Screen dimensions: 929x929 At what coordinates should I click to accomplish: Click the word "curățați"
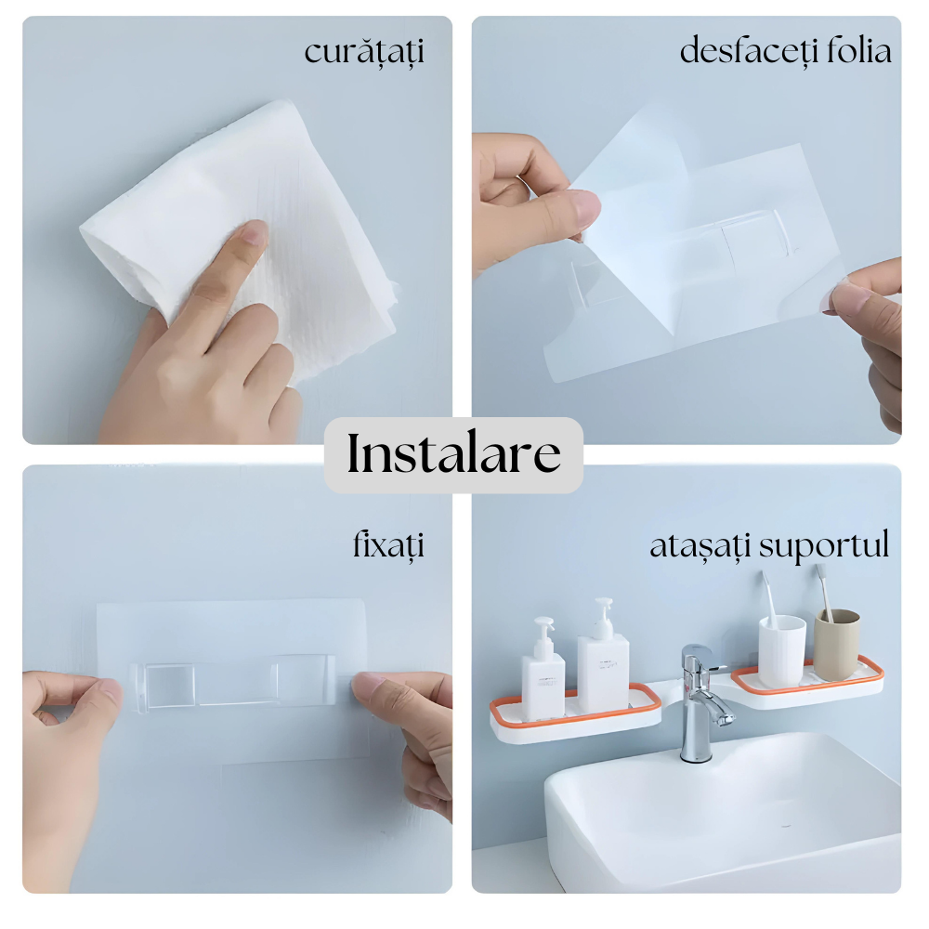[364, 52]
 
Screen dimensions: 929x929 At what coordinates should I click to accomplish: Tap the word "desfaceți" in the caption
[745, 50]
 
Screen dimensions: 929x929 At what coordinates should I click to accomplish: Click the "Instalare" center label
[453, 453]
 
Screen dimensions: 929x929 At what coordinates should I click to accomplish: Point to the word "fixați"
[388, 545]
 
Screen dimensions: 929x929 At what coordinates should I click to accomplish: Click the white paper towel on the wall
[249, 237]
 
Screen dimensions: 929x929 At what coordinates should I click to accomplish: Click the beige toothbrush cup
[836, 645]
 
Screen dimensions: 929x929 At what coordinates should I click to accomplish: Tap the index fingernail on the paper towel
[255, 231]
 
